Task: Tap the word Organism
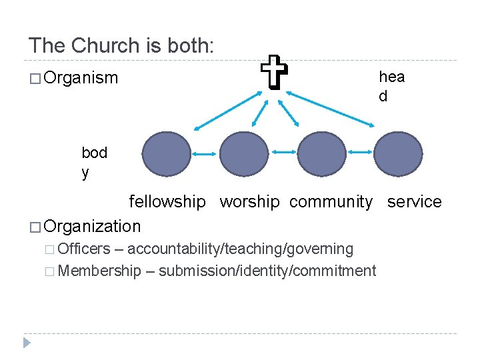[80, 78]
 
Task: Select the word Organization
[92, 226]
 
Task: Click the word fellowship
[167, 201]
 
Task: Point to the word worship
[249, 201]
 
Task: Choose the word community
[331, 201]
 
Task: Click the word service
[414, 201]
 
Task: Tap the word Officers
[85, 249]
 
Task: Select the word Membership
[100, 271]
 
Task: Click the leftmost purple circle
[166, 154]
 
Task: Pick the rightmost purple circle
[398, 154]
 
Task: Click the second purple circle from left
[243, 154]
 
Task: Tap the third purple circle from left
[321, 154]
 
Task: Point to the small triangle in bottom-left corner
[26, 343]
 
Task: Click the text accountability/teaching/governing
[240, 249]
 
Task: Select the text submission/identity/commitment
[267, 271]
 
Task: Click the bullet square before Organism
[34, 79]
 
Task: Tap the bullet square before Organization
[34, 227]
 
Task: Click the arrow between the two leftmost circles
[205, 153]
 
